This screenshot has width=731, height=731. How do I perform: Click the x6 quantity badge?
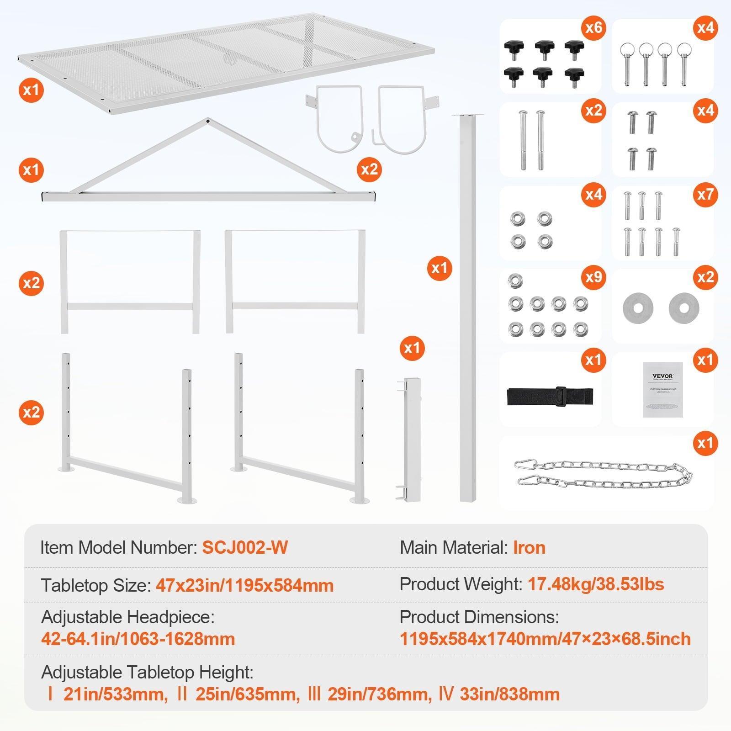[593, 28]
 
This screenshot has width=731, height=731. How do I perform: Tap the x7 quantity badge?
[705, 195]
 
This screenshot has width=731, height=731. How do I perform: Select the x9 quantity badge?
[593, 277]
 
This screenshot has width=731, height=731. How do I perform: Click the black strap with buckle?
[550, 396]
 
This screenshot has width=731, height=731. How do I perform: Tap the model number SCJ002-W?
[245, 547]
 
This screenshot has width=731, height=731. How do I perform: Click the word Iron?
[529, 547]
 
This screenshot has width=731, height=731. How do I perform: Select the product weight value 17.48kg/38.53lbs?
[596, 584]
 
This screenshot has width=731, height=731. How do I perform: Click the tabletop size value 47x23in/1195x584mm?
[244, 585]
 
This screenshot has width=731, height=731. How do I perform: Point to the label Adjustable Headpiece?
[127, 617]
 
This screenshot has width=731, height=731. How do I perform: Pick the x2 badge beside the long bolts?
[593, 111]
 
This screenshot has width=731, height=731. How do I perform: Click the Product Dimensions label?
[479, 617]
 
